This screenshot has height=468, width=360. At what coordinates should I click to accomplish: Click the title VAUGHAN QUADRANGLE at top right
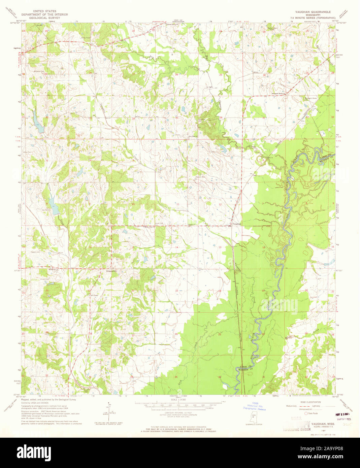[x=313, y=11]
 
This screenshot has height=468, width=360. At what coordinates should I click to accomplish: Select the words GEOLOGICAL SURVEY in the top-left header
[x=44, y=18]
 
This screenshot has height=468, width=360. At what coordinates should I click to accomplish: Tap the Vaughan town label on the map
[x=237, y=224]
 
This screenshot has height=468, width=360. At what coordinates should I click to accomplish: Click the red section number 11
[x=177, y=204]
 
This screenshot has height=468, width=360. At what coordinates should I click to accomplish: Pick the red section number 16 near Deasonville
[x=90, y=247]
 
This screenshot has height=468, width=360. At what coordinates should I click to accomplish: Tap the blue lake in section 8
[x=53, y=204]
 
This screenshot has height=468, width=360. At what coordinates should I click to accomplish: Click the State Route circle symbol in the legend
[x=306, y=413]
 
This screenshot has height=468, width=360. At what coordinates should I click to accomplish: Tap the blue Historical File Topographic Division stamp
[x=255, y=406]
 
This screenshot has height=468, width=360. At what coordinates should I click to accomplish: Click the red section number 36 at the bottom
[x=220, y=377]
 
